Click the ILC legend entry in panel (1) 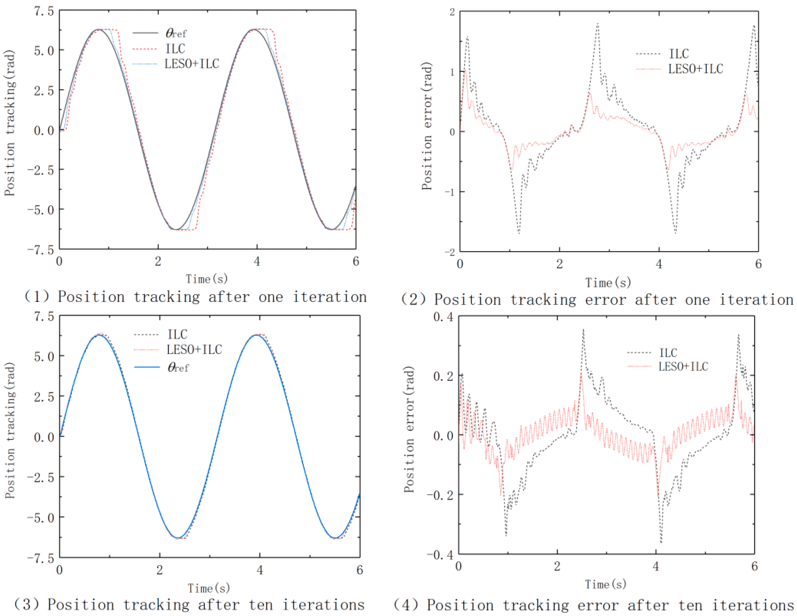[175, 49]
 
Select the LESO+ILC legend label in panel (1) [191, 64]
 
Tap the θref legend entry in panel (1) [176, 33]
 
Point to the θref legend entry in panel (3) [178, 367]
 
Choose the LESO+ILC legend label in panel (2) [695, 69]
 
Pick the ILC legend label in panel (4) [668, 353]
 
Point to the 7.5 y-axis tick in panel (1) [44, 11]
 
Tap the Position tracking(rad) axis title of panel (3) [10, 430]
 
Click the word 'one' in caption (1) [271, 297]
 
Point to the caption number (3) [26, 605]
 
